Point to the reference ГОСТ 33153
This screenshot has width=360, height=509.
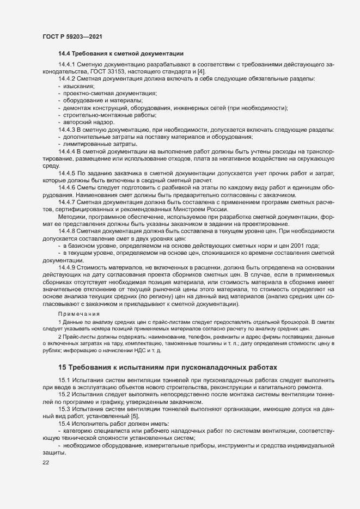tap(95, 72)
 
